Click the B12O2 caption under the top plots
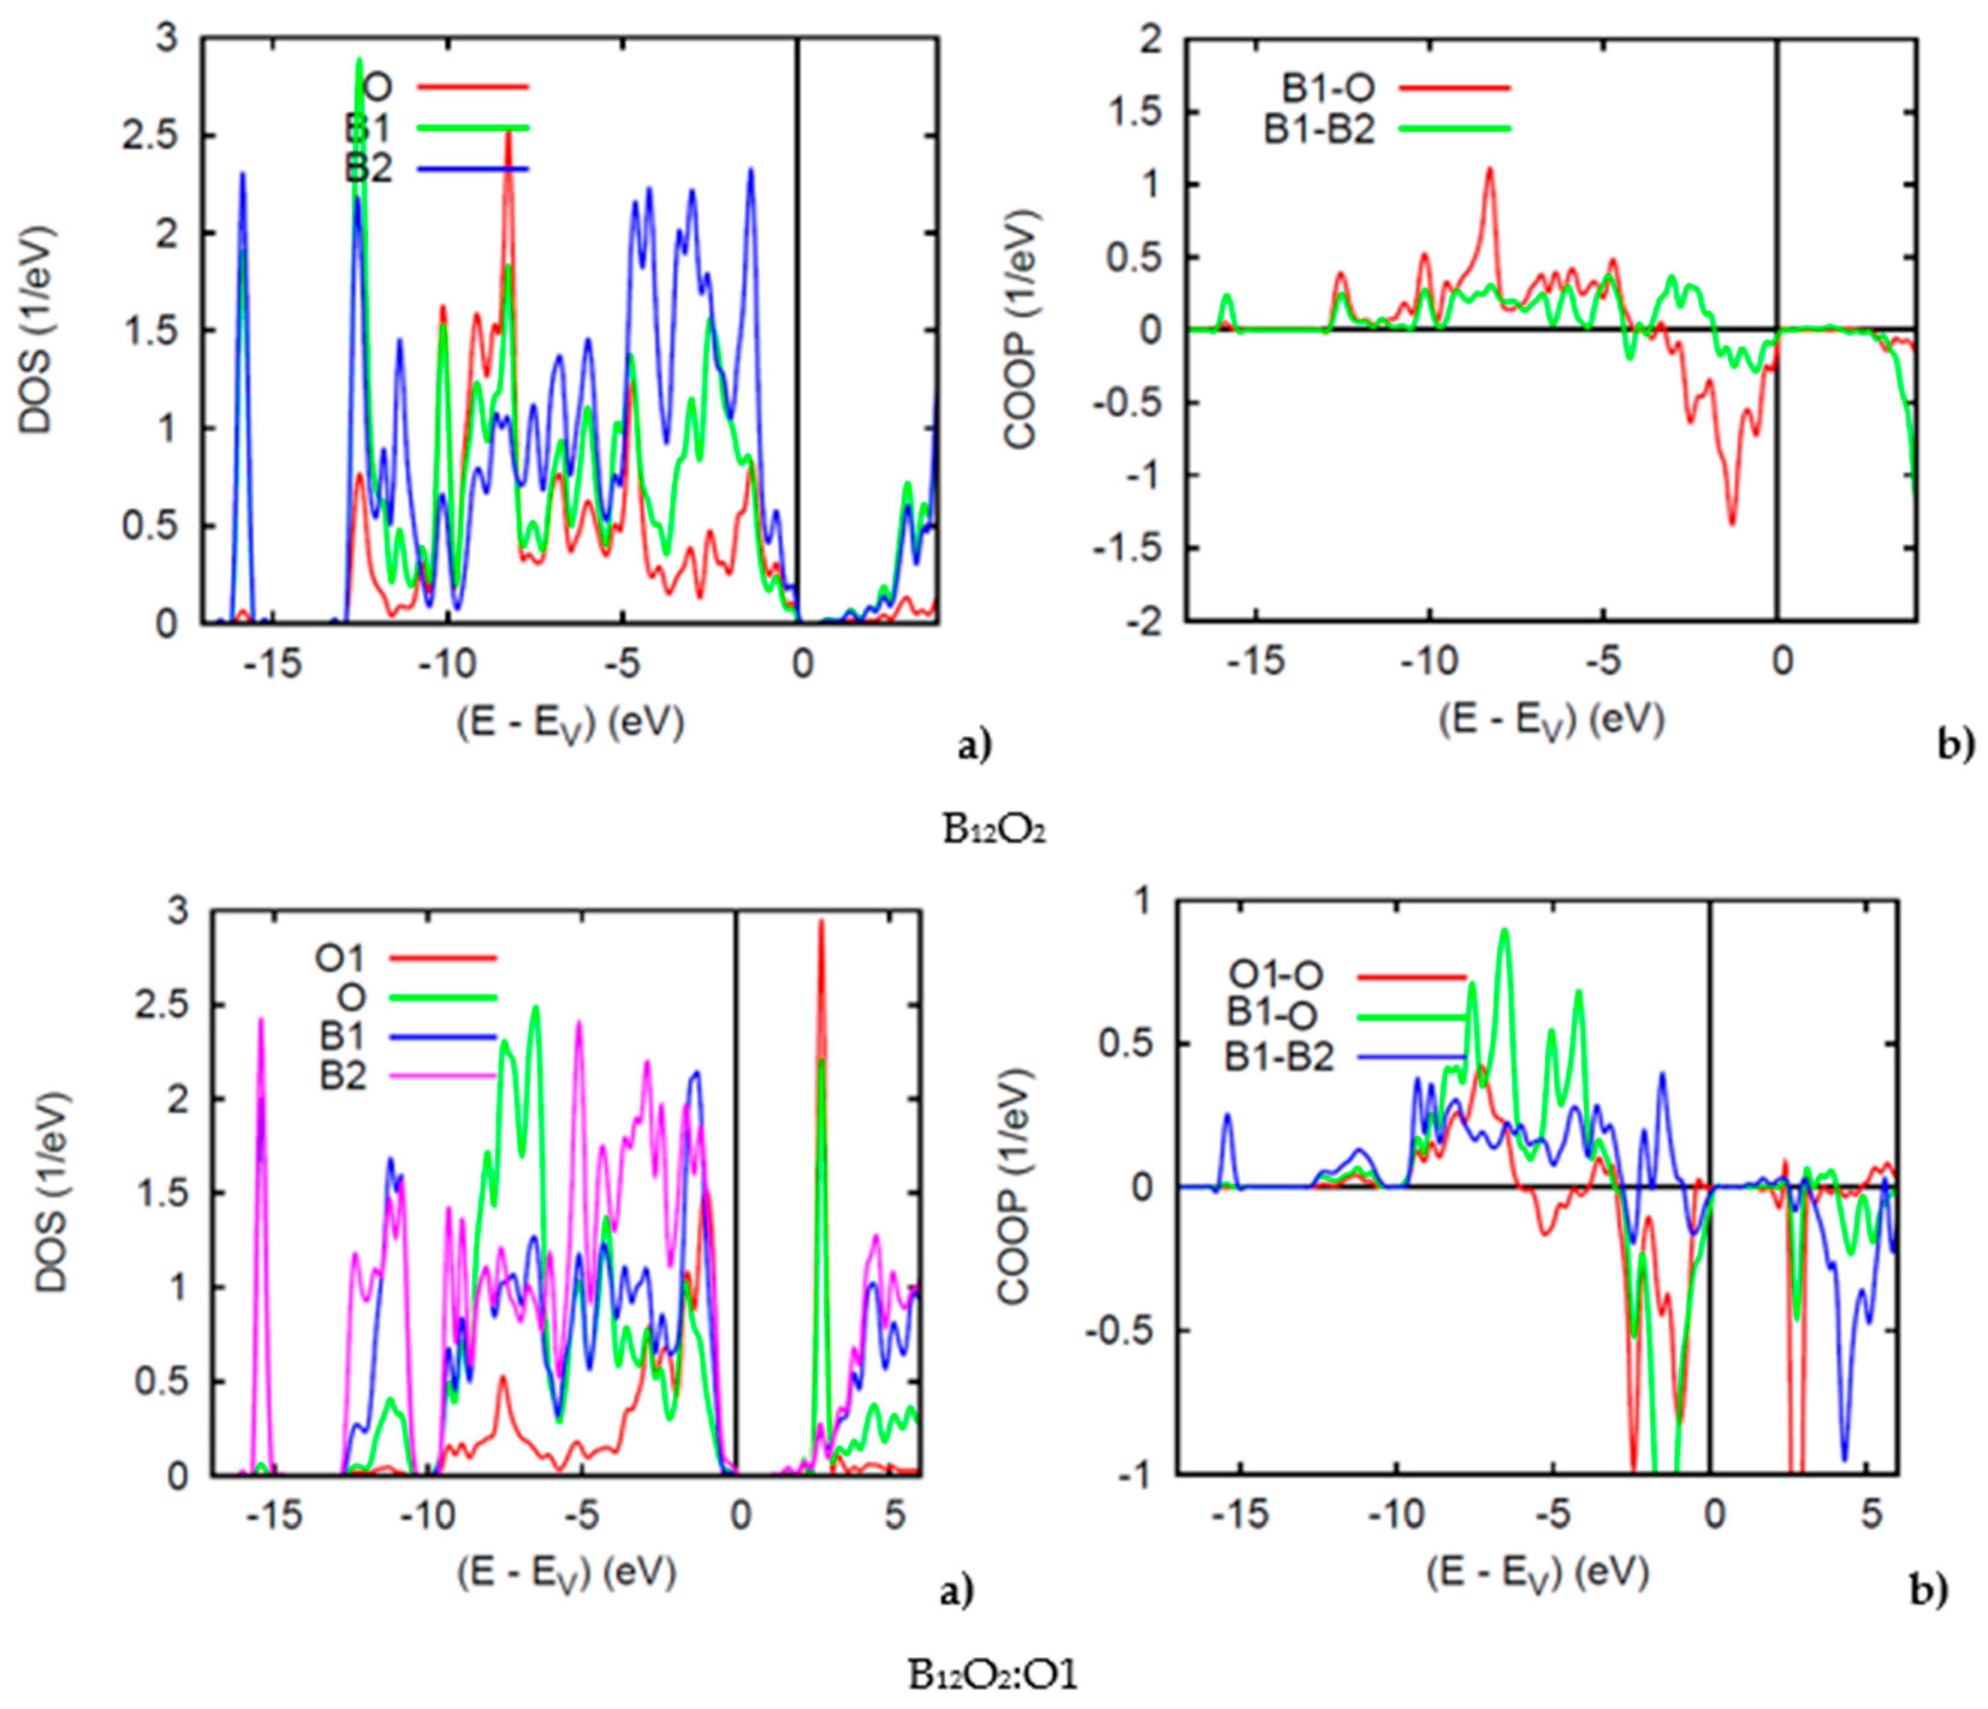(995, 831)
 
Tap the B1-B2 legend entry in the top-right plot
(1320, 129)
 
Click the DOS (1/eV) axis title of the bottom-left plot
(55, 1190)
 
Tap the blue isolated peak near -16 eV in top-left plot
(243, 176)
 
